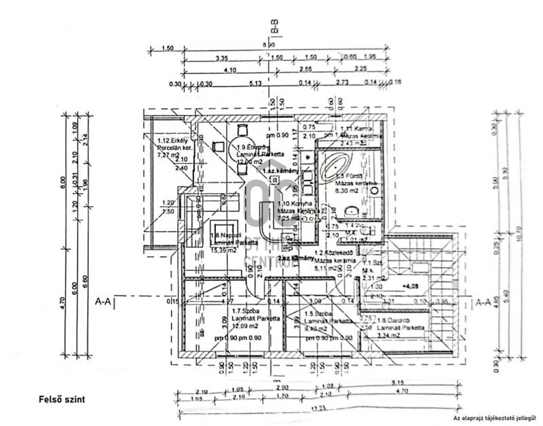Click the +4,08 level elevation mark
(410, 286)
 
